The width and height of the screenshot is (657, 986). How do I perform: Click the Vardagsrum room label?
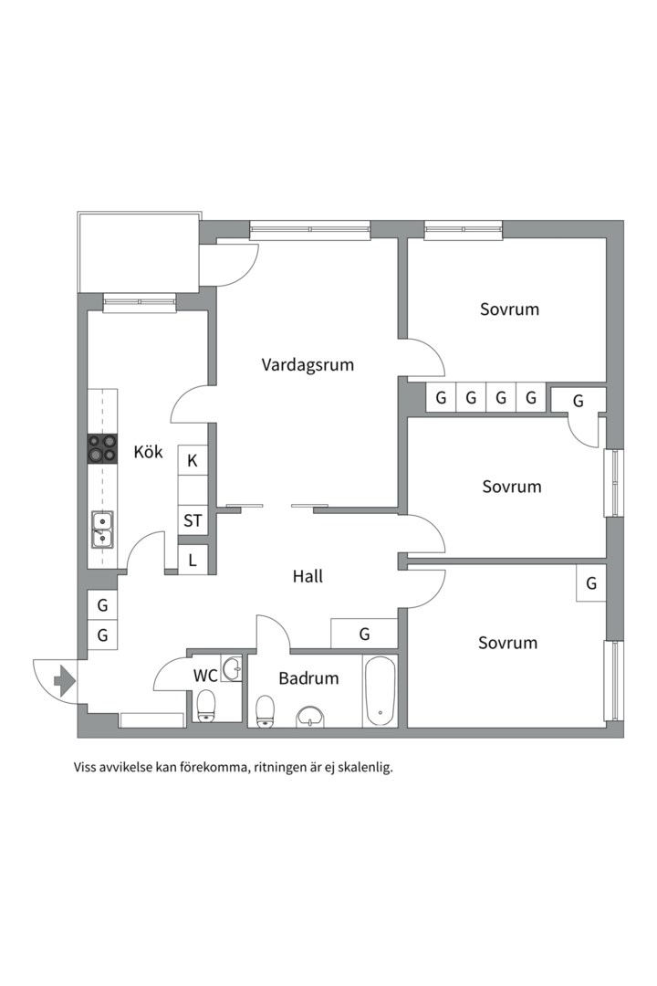[x=308, y=365]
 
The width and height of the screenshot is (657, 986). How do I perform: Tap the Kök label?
[x=148, y=452]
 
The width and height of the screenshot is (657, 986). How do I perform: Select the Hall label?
[x=308, y=577]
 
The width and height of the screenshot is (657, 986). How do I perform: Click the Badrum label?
[x=308, y=678]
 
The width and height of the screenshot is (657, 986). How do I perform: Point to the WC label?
[x=205, y=677]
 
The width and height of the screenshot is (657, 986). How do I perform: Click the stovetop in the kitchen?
[x=102, y=447]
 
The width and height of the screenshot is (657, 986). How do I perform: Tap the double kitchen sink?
[x=102, y=528]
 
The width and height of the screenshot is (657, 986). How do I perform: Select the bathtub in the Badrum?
[x=380, y=691]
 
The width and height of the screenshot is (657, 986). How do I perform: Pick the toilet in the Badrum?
[x=266, y=711]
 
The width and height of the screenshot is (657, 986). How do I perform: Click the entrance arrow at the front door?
[x=64, y=680]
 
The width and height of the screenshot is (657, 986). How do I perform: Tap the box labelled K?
[x=193, y=461]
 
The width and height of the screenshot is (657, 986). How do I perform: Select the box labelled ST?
[x=193, y=521]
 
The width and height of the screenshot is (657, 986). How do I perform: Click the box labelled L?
[x=193, y=561]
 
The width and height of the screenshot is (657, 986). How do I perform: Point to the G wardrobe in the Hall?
[x=364, y=634]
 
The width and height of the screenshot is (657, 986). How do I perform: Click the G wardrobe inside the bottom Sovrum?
[x=591, y=583]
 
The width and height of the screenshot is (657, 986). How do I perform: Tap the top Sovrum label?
[x=509, y=309]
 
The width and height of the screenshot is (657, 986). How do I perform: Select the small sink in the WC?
[x=232, y=668]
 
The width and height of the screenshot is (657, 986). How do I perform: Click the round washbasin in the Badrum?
[x=311, y=716]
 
